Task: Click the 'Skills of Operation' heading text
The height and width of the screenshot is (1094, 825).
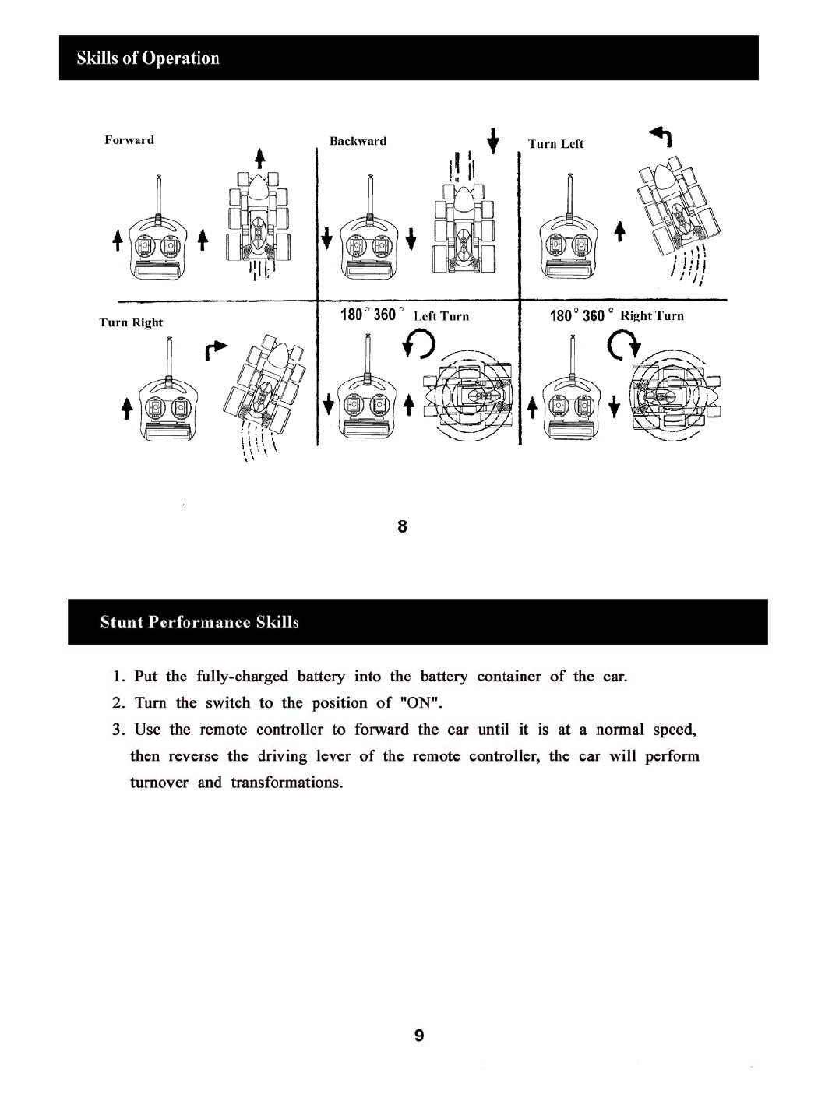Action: pyautogui.click(x=148, y=58)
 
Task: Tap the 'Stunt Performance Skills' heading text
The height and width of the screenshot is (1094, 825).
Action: pyautogui.click(x=199, y=622)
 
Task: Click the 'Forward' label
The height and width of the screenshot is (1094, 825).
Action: pyautogui.click(x=129, y=140)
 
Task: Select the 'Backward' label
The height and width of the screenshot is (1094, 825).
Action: pyautogui.click(x=358, y=142)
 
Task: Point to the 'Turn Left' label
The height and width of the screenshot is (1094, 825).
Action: pyautogui.click(x=555, y=144)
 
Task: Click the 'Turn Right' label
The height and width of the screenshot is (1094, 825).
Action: pyautogui.click(x=131, y=322)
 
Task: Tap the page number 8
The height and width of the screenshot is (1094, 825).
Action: pyautogui.click(x=402, y=527)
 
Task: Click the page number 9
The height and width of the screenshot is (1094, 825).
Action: pyautogui.click(x=419, y=1036)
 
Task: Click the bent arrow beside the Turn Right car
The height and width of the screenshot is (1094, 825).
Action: pyautogui.click(x=217, y=351)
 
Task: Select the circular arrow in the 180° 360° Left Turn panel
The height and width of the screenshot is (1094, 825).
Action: pyautogui.click(x=419, y=343)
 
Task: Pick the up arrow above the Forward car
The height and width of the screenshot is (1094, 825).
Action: pyautogui.click(x=262, y=156)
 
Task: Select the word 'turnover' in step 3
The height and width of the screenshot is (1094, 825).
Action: pyautogui.click(x=159, y=783)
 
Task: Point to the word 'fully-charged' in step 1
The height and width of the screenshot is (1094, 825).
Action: pyautogui.click(x=242, y=676)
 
